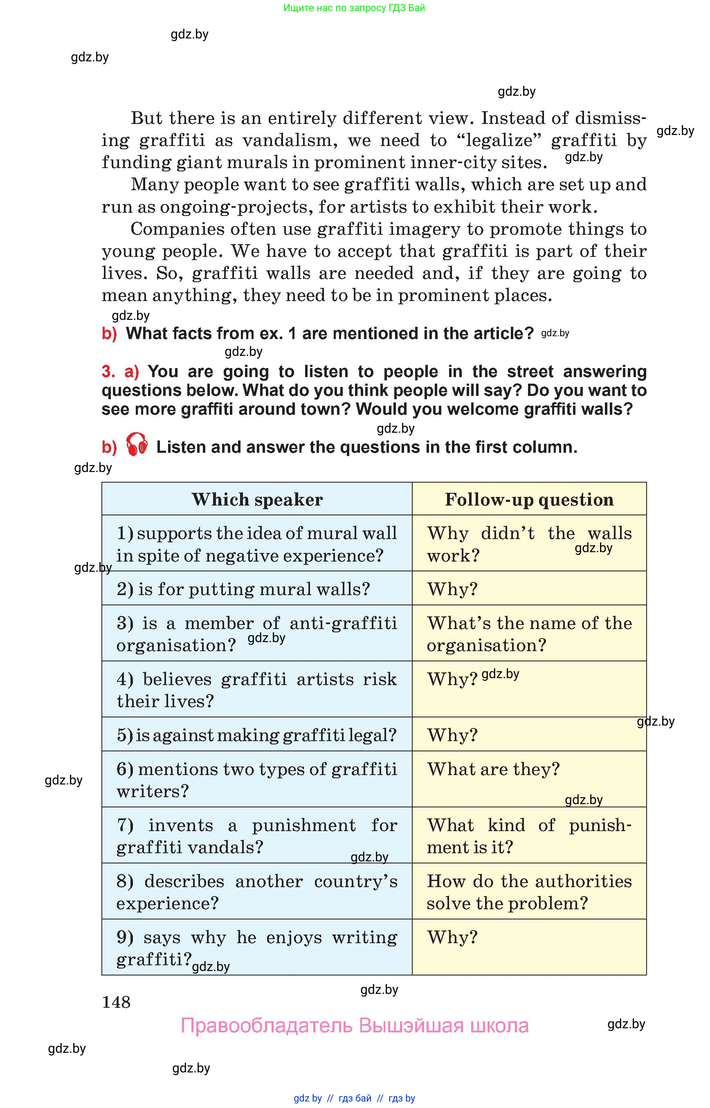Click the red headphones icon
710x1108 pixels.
tap(137, 445)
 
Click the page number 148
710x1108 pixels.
tap(116, 1002)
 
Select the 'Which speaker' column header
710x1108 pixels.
tap(257, 499)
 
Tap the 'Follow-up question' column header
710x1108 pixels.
tap(529, 499)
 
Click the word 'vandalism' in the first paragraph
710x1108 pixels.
tap(290, 140)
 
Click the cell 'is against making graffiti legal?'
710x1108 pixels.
tap(256, 735)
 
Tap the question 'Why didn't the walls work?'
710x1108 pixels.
tap(529, 544)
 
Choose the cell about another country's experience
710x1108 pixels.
tap(256, 891)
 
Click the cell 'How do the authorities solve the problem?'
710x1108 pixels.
tap(529, 891)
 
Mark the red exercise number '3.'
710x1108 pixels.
tap(108, 372)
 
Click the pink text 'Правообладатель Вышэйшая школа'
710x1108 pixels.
tap(354, 1025)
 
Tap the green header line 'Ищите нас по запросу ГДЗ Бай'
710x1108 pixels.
tap(354, 8)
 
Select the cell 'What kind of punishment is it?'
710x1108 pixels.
tap(529, 836)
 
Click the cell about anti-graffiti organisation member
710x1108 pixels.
tap(256, 634)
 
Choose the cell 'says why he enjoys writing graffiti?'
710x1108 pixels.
tap(256, 948)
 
